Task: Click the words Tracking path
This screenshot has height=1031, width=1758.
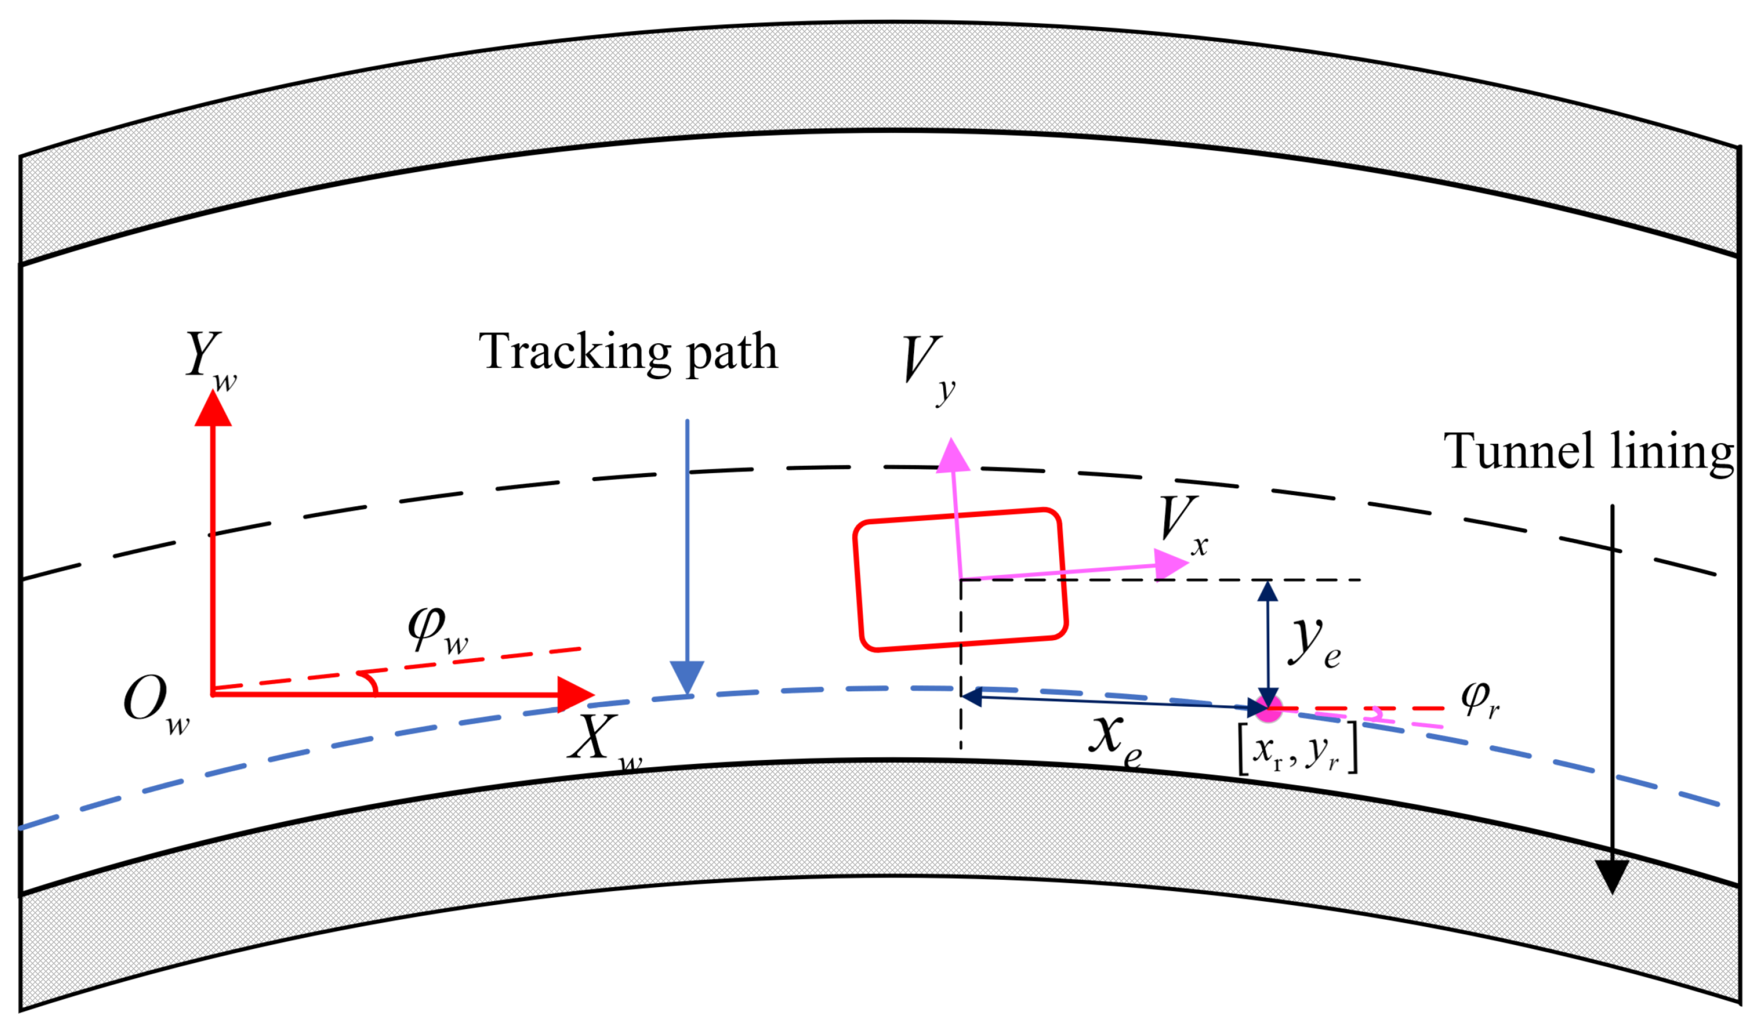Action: click(627, 352)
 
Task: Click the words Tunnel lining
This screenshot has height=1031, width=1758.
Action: click(1588, 453)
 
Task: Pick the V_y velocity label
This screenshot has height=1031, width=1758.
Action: click(927, 366)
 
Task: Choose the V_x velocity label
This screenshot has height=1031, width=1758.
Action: click(1183, 524)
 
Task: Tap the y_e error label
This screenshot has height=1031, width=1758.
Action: click(1315, 642)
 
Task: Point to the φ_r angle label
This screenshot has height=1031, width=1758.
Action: click(1479, 699)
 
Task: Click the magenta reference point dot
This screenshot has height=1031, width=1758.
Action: click(1268, 709)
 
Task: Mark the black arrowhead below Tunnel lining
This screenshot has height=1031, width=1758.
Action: click(1612, 875)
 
